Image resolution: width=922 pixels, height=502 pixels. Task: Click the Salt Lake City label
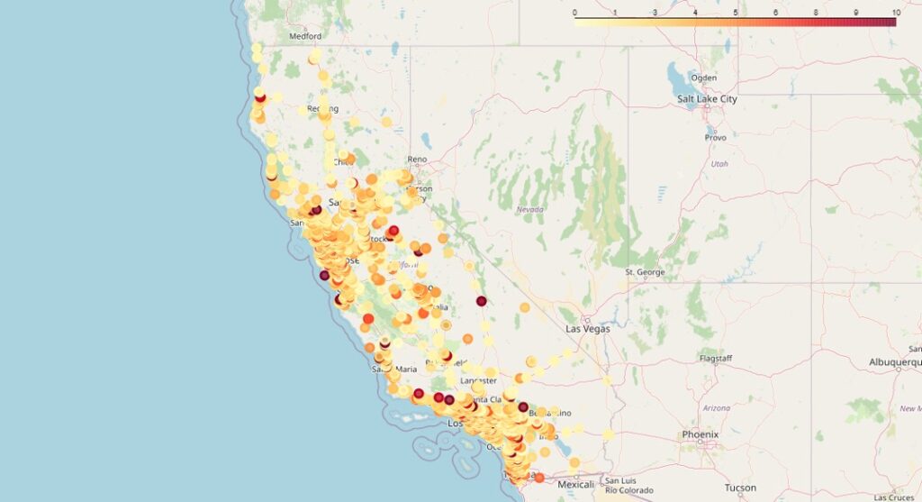click(707, 99)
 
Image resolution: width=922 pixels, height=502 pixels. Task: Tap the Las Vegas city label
click(587, 329)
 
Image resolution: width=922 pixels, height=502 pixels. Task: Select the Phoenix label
click(701, 434)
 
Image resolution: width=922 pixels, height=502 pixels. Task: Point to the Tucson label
click(741, 488)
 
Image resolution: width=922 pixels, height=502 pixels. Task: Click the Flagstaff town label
click(716, 359)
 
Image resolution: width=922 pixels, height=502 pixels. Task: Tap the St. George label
click(643, 271)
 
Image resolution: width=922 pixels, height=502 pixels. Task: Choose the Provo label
click(715, 138)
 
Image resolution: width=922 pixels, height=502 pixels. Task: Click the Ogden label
click(703, 78)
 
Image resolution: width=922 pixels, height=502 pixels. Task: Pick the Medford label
click(305, 37)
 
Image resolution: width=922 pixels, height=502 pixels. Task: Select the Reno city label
click(417, 160)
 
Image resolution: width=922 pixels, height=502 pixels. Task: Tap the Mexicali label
click(576, 485)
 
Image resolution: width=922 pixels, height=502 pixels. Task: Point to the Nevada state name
click(530, 209)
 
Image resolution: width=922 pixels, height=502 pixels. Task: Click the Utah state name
click(719, 164)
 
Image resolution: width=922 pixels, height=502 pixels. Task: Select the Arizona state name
click(717, 408)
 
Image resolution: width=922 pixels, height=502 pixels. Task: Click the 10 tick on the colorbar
click(894, 13)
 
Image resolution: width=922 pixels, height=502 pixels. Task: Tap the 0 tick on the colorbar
click(574, 13)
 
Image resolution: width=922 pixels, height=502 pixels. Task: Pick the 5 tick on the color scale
click(736, 13)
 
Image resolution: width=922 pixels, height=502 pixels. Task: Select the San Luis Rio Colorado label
click(625, 486)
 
